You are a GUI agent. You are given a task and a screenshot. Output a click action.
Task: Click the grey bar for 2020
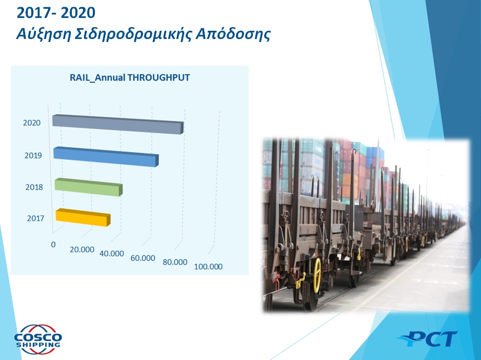point(118,124)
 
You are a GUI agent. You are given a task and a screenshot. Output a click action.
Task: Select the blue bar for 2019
point(106,157)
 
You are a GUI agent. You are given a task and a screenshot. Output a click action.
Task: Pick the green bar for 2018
point(89,187)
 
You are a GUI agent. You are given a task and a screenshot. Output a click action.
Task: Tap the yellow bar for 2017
point(83,217)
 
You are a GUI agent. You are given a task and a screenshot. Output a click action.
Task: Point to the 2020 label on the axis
point(32,123)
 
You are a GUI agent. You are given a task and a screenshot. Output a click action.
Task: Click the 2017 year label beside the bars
point(35,218)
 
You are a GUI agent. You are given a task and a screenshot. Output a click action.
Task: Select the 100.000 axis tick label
point(208,266)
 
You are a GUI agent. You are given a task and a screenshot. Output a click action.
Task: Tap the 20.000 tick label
point(82,250)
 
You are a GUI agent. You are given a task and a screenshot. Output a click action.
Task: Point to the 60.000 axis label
point(143,258)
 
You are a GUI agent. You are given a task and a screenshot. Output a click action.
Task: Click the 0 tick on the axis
point(53,244)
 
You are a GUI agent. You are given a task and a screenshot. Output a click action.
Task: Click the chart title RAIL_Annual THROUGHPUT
point(130,77)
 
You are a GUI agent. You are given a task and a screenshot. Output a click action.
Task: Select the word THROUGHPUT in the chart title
point(158,77)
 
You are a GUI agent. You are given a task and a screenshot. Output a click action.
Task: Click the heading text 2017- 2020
point(56,13)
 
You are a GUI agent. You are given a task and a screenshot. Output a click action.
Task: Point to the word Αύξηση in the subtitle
point(44,34)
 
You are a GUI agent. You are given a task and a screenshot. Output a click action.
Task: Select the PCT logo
point(428,339)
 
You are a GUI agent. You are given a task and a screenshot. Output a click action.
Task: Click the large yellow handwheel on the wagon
point(317,275)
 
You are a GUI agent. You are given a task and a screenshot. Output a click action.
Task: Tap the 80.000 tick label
point(175,262)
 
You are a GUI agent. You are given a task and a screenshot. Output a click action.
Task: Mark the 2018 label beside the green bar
point(34,187)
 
